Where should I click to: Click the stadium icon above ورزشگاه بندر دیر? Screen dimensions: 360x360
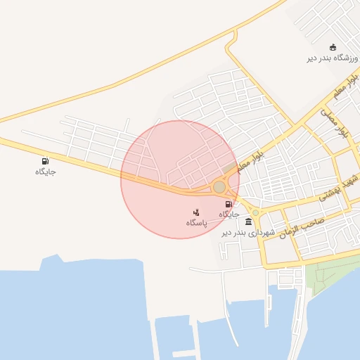[333, 48]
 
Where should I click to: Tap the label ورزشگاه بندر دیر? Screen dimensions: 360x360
[333, 58]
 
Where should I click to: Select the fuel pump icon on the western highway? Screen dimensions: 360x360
[46, 161]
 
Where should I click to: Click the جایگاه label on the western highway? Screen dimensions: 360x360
[46, 172]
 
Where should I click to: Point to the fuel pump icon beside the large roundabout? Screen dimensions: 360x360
[228, 204]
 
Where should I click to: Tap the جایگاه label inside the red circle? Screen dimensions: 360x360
[230, 214]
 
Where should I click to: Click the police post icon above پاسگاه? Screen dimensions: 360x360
[196, 212]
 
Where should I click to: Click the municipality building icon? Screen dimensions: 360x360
[248, 221]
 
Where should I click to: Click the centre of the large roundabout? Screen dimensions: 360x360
[220, 187]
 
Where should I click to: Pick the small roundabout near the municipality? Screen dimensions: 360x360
[256, 212]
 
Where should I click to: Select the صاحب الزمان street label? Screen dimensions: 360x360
[302, 226]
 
